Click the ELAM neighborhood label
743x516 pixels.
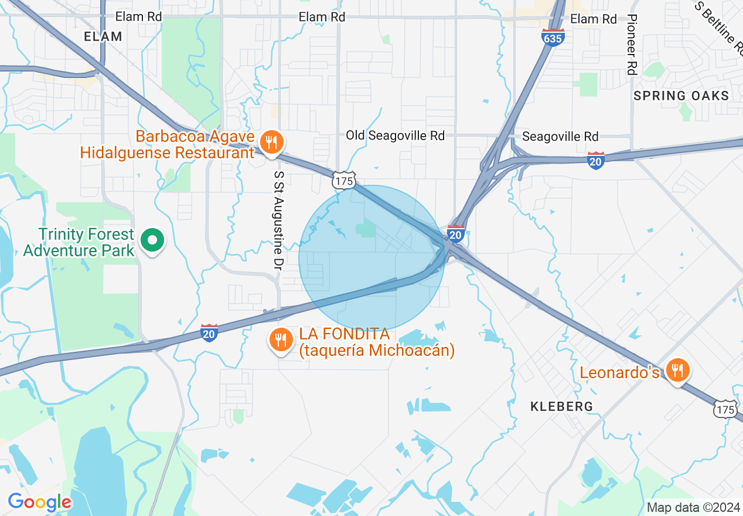pos(103,36)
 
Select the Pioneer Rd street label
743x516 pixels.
pos(632,45)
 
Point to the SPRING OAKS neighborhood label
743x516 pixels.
pos(681,96)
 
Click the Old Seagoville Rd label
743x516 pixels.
pos(395,135)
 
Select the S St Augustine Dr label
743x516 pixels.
pos(279,220)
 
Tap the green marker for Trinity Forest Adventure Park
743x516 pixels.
pos(152,240)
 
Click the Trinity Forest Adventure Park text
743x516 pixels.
pos(79,243)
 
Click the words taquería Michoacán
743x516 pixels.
pos(376,351)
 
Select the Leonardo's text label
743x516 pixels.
pos(619,372)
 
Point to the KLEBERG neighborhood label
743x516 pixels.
pos(561,406)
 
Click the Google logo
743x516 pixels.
pos(39,503)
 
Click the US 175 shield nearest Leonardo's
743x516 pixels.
pos(725,409)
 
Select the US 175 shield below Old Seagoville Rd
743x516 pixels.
pos(343,181)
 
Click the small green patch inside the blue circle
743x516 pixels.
pos(367,228)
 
